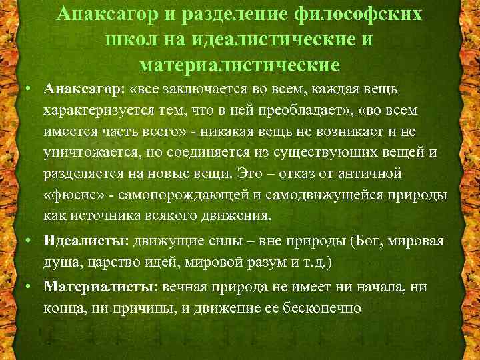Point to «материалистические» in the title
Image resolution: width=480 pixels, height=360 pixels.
(240, 65)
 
